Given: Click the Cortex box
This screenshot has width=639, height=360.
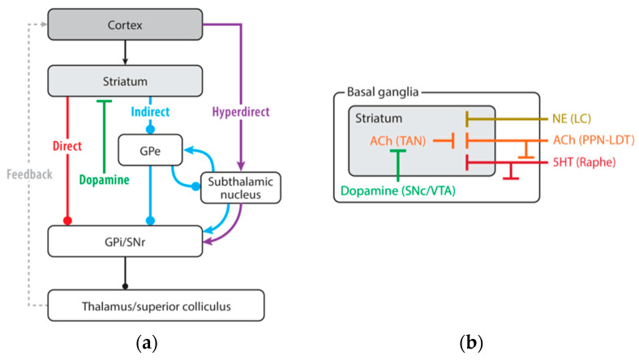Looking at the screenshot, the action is tap(125, 24).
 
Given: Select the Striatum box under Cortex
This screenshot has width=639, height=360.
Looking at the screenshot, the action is tap(125, 81).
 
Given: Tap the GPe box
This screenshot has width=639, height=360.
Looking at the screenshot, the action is tap(150, 151).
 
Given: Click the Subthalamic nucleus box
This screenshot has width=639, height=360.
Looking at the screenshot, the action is tap(241, 188).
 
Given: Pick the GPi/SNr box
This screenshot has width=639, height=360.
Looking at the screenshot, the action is tap(125, 242).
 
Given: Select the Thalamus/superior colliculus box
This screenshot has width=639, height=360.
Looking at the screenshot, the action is tap(156, 306).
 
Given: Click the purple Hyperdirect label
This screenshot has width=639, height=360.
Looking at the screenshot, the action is tap(241, 112).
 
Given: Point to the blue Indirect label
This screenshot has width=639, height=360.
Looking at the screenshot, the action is tap(150, 111).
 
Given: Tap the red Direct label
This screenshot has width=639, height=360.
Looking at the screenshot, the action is tap(67, 146).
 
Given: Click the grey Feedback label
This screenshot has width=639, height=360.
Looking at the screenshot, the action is tap(29, 174).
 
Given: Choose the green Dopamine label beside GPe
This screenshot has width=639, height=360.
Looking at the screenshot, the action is tap(105, 180).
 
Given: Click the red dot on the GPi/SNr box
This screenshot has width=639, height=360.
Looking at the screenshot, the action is tap(67, 221).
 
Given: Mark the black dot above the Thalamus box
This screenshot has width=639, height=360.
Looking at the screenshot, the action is tap(125, 286).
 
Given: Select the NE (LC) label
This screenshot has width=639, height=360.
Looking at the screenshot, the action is tap(572, 118).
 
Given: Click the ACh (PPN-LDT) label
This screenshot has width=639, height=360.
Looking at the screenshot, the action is tap(594, 140).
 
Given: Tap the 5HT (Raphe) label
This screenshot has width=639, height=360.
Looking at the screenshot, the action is tap(584, 162).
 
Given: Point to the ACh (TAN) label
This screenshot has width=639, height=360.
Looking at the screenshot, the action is tap(397, 141).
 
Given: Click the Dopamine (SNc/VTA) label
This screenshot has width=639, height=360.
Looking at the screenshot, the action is tap(397, 191).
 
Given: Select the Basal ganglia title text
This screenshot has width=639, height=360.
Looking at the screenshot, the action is tap(383, 92).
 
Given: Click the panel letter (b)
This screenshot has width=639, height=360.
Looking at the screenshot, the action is tap(471, 343).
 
